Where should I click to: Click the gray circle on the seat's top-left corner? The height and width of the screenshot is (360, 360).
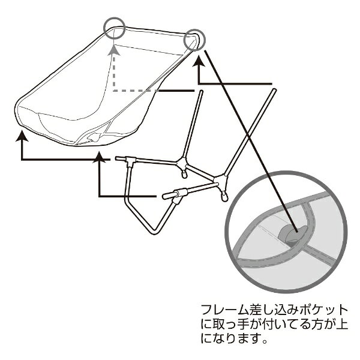click(x=104, y=28)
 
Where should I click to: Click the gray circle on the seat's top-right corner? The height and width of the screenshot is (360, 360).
click(x=185, y=40)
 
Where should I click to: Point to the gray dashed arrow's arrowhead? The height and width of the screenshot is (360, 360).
click(x=114, y=50)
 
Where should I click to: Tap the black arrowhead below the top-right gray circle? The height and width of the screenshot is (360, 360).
click(x=199, y=62)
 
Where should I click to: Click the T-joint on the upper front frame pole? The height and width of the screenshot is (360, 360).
click(x=130, y=161)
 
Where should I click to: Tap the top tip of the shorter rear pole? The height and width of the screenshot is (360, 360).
click(x=201, y=91)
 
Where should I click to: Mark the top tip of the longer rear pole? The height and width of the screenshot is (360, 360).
click(x=274, y=90)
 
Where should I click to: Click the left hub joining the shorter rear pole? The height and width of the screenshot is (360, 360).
click(x=182, y=163)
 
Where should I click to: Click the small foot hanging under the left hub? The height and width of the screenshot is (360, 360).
click(x=184, y=175)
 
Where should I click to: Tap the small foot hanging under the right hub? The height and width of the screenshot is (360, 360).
click(x=224, y=197)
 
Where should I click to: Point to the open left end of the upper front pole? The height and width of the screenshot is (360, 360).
click(x=116, y=158)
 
